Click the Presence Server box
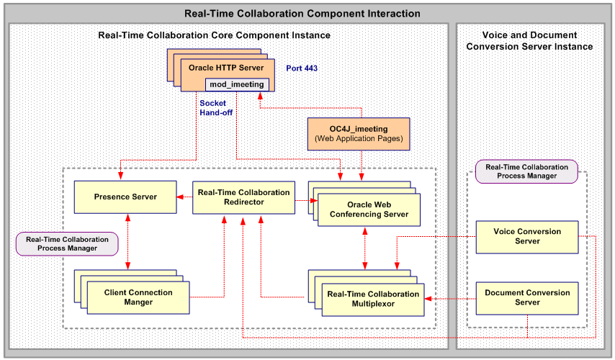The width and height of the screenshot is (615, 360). (x=125, y=197)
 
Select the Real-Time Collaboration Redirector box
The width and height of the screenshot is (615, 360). (x=243, y=197)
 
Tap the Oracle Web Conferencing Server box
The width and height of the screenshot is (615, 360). (x=368, y=210)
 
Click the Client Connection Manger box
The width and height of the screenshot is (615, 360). (x=138, y=297)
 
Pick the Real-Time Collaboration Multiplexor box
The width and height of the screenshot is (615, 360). (x=373, y=299)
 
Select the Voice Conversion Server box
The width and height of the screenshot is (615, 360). (x=527, y=237)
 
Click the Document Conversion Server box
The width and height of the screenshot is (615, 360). (x=527, y=297)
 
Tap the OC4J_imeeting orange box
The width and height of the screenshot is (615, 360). (x=358, y=133)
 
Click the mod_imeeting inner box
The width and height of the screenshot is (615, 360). (x=237, y=84)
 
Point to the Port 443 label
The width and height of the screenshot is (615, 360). (x=302, y=68)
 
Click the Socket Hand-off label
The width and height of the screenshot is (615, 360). (x=215, y=108)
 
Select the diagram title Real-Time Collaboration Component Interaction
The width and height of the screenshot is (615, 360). (x=302, y=14)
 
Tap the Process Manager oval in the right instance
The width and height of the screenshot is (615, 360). (x=526, y=171)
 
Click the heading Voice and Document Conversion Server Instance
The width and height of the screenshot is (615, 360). (x=529, y=41)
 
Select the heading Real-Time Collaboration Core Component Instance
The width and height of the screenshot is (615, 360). (x=214, y=35)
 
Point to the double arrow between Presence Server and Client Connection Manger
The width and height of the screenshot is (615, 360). (x=127, y=242)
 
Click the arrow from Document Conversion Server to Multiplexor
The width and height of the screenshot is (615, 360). (x=450, y=298)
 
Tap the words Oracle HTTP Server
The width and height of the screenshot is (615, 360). (x=225, y=68)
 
